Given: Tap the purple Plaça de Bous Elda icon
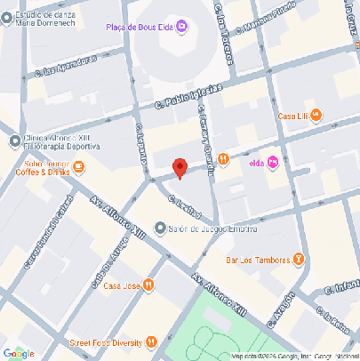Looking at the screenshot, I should point(182,28).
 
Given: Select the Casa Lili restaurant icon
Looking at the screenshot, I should point(316,116).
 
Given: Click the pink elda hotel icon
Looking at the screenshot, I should point(273,161).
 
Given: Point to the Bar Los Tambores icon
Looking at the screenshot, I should point(299,260).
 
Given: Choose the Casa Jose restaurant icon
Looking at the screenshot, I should point(149,285).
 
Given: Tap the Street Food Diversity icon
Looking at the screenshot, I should point(152,342).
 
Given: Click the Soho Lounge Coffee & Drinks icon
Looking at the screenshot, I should point(79,166).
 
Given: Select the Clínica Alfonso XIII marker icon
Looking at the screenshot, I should point(14,140).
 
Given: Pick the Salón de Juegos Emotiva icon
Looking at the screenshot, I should point(159,229).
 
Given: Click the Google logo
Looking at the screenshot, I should point(19,353).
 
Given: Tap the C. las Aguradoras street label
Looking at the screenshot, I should point(63,68).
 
